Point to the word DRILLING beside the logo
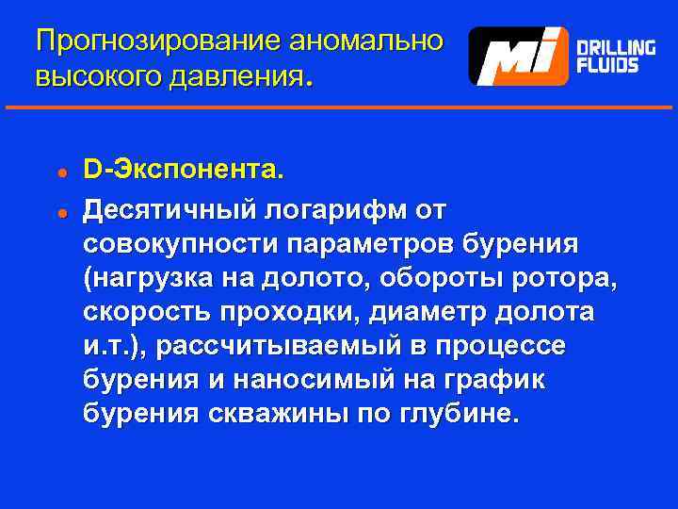(616, 47)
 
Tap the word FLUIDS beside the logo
(606, 66)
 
